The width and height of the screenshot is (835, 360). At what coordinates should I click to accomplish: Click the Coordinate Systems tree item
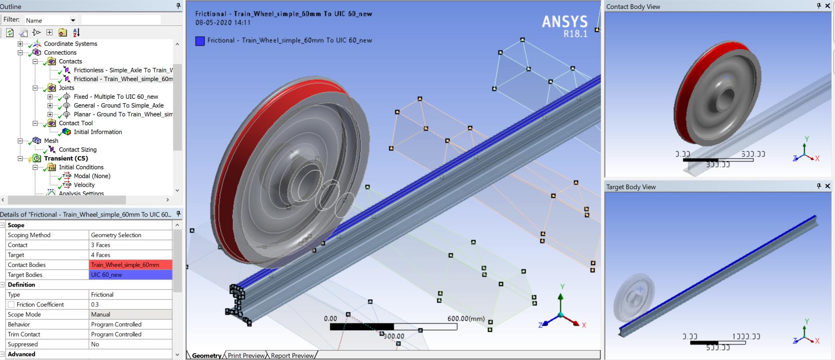tap(70, 44)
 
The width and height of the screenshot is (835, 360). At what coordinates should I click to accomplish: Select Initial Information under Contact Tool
tap(98, 132)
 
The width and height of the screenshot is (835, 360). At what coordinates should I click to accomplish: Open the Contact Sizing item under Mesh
tap(78, 150)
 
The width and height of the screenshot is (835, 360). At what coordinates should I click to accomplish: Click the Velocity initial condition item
tap(84, 185)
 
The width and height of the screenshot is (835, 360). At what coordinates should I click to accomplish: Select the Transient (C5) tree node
tap(66, 158)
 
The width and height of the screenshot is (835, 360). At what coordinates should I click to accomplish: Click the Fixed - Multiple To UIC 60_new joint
tap(116, 97)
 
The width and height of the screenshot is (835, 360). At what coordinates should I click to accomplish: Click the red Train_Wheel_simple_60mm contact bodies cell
tap(130, 265)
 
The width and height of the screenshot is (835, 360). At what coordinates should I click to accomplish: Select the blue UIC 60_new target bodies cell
tap(130, 274)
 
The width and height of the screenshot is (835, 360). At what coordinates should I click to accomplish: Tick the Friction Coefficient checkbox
tap(11, 304)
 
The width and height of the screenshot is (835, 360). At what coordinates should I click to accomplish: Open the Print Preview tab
tap(246, 356)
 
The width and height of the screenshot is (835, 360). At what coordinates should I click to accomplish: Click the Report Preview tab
tap(292, 356)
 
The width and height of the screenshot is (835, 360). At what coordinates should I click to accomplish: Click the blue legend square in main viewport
tap(200, 41)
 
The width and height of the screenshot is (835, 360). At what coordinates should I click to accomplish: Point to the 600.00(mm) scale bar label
tap(466, 319)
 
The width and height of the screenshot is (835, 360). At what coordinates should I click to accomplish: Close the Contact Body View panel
tap(827, 6)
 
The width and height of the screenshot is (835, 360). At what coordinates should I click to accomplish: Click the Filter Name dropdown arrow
tap(73, 20)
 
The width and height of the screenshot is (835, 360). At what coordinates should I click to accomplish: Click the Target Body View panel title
tap(631, 187)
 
